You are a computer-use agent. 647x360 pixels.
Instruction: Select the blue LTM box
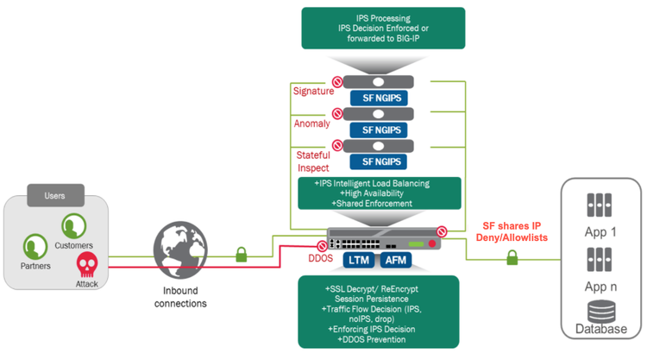(357, 259)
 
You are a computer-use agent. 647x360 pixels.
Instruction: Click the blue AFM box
(397, 259)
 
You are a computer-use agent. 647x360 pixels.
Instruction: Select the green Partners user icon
(35, 246)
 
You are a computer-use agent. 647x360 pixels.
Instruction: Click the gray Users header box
(54, 196)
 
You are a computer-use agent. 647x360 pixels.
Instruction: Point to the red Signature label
(313, 90)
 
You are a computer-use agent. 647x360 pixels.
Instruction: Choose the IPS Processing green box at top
(383, 28)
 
